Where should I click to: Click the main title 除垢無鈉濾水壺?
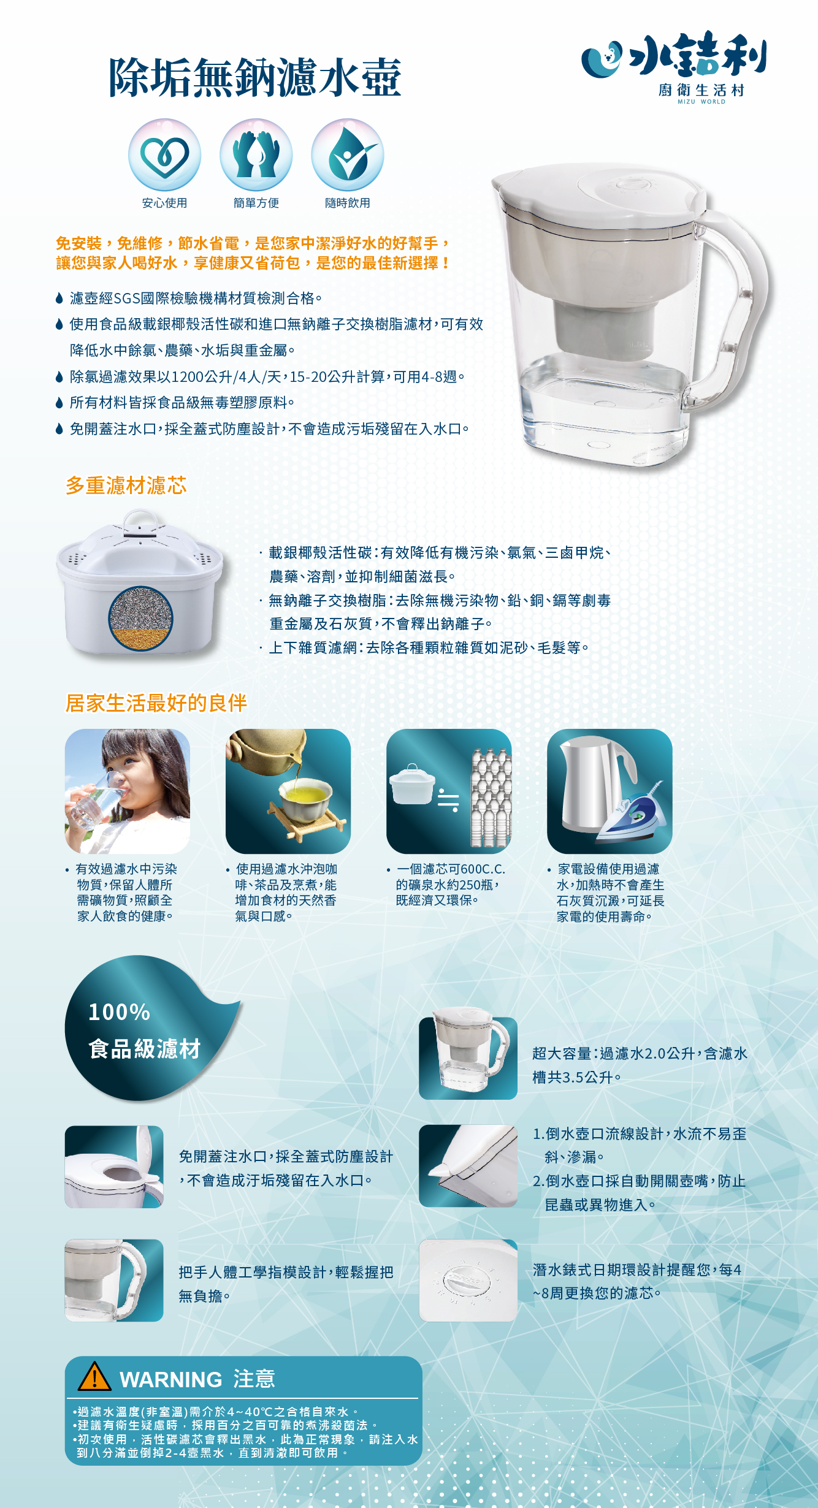(x=255, y=77)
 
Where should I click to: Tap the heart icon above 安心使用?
(x=164, y=155)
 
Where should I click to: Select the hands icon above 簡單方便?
(x=256, y=155)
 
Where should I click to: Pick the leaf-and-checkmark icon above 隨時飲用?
(x=348, y=155)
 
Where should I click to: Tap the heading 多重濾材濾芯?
(x=126, y=486)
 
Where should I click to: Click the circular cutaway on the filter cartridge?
(x=140, y=618)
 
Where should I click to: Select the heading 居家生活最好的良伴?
(x=156, y=703)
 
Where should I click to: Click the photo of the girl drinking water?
(x=128, y=791)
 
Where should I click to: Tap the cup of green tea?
(x=305, y=799)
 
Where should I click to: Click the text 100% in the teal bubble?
(x=120, y=1012)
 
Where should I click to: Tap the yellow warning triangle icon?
(x=94, y=1376)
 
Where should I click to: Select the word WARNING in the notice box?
(x=171, y=1379)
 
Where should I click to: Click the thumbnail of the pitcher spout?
(x=468, y=1167)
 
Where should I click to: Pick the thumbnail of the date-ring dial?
(x=468, y=1281)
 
